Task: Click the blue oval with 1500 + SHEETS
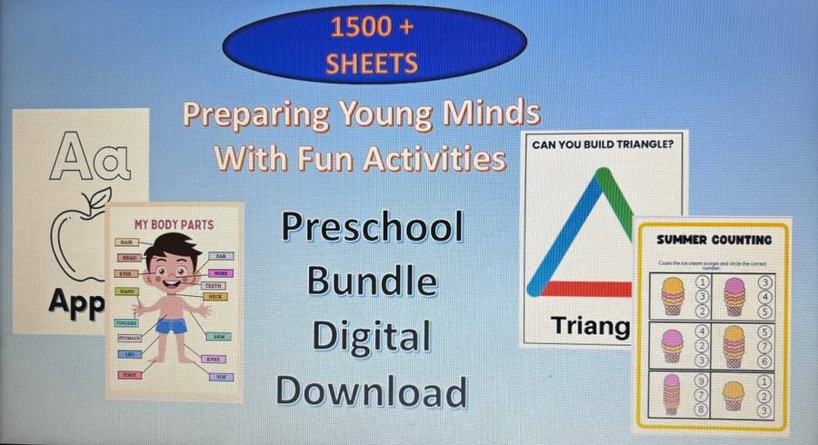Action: tap(374, 44)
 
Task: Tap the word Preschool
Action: tap(372, 227)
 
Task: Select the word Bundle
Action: tap(372, 282)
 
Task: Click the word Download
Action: tap(372, 392)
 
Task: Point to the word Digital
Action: tap(372, 337)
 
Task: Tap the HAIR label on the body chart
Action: tap(127, 242)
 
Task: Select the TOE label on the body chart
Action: tap(222, 377)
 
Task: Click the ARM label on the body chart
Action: tap(219, 336)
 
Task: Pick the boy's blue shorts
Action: tap(172, 324)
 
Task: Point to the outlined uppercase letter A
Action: tap(69, 157)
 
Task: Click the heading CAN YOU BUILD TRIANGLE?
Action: tap(604, 143)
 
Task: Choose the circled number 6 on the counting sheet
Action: tap(764, 360)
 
